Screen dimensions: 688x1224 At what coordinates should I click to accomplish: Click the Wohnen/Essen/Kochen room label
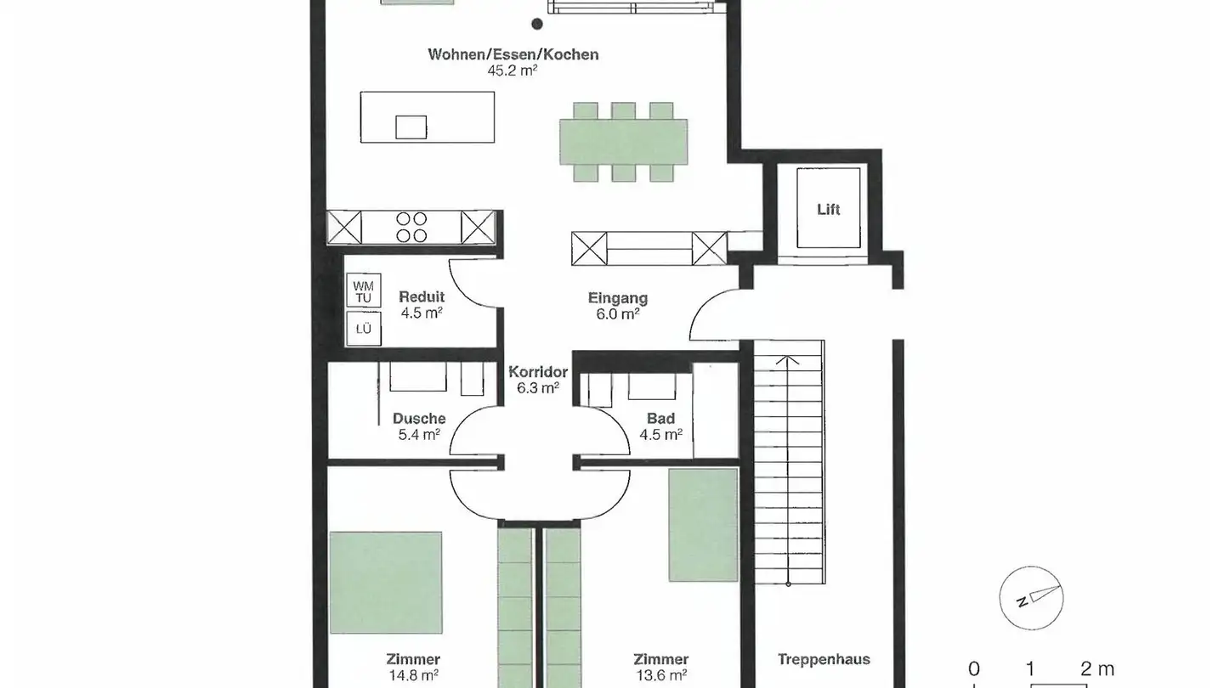point(513,55)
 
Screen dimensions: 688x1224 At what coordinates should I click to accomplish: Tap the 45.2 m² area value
point(513,71)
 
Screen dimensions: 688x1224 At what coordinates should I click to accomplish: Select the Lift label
point(829,209)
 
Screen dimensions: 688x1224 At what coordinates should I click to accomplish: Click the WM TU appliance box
point(364,291)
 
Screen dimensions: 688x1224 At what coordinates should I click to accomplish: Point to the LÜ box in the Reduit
point(364,330)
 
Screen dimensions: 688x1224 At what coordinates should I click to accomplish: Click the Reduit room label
point(422,297)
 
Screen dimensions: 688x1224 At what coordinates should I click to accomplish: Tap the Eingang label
point(618,298)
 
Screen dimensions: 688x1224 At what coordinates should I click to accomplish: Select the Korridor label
point(538,372)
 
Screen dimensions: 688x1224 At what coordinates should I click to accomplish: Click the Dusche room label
point(419,419)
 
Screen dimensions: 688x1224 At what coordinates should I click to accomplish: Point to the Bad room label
point(660,419)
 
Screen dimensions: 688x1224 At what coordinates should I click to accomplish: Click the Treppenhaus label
point(824,659)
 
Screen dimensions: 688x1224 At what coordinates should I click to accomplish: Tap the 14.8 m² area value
point(413,676)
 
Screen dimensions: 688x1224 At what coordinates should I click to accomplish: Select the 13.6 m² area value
point(660,676)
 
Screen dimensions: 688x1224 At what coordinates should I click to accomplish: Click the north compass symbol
point(1031,598)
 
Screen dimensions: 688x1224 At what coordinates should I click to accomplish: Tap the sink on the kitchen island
point(411,127)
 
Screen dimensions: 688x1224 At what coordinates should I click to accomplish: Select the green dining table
point(623,142)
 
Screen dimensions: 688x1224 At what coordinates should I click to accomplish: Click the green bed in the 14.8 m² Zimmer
point(386,583)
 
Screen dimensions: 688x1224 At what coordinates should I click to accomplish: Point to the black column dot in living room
point(537,25)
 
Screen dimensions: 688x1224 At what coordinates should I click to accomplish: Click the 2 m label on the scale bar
point(1096,669)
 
